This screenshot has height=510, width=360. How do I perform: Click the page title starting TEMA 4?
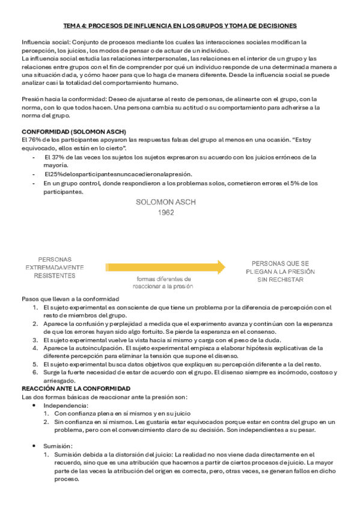180,26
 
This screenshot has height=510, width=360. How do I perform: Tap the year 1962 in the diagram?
165,212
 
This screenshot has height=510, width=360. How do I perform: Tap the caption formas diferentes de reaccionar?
163,283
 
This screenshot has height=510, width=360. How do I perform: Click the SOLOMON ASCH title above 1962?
165,202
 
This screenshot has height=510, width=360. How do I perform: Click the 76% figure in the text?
34,140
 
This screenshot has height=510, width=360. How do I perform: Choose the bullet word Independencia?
71,406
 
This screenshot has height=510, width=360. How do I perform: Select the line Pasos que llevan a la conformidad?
70,299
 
